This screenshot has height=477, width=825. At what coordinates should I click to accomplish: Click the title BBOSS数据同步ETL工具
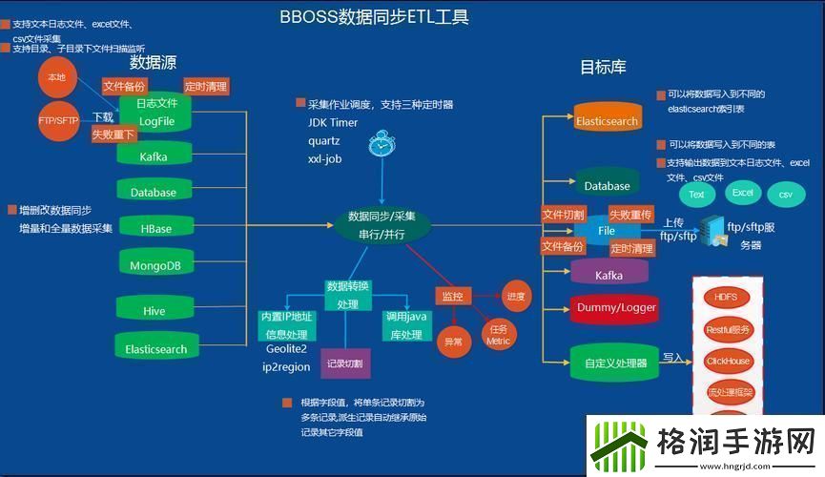click(x=375, y=17)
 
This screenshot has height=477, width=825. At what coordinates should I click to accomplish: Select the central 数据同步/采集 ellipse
click(x=382, y=224)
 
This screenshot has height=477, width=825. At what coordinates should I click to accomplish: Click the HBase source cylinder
click(x=155, y=228)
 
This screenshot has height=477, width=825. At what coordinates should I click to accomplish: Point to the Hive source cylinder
click(x=154, y=309)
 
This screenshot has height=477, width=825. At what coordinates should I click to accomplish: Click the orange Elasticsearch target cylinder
click(x=607, y=120)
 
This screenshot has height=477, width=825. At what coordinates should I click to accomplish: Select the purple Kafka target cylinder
click(x=608, y=274)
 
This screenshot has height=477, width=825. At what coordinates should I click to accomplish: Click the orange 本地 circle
click(x=56, y=76)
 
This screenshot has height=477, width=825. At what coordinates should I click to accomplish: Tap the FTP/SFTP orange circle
click(x=58, y=120)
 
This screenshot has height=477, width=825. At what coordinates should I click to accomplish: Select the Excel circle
click(x=742, y=193)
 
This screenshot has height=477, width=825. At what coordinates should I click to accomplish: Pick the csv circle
click(x=786, y=195)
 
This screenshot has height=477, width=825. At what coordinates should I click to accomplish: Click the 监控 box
click(x=453, y=297)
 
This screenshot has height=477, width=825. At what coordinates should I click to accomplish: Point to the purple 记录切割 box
click(x=344, y=363)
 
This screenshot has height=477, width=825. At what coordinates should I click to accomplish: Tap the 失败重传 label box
click(x=630, y=214)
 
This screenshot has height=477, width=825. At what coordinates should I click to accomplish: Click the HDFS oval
click(x=727, y=297)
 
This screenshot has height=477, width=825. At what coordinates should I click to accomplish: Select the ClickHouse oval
click(x=728, y=361)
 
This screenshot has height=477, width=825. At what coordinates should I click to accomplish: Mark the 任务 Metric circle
click(x=498, y=335)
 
